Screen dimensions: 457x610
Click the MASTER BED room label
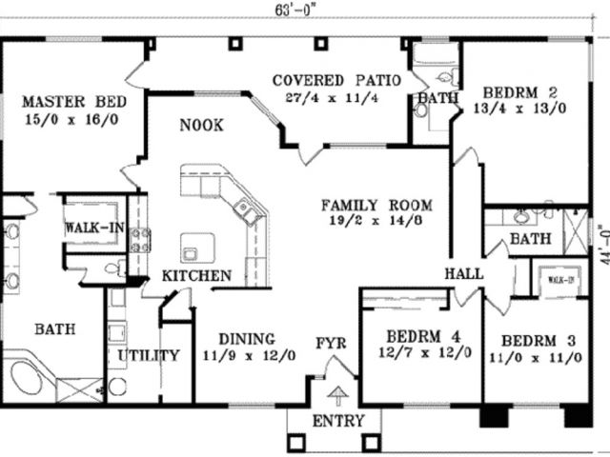tap(70, 101)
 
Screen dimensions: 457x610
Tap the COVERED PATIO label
tap(335, 79)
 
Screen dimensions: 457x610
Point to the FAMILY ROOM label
tap(376, 205)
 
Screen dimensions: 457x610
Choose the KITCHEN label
tap(196, 275)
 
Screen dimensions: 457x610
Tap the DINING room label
tap(247, 338)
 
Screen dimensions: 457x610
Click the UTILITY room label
tap(149, 356)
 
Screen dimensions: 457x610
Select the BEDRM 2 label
tap(520, 92)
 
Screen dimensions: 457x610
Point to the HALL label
tap(464, 274)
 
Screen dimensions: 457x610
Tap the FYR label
tap(332, 343)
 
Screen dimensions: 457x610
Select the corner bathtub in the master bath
tap(30, 376)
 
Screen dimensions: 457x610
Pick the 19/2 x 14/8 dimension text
tap(376, 222)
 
